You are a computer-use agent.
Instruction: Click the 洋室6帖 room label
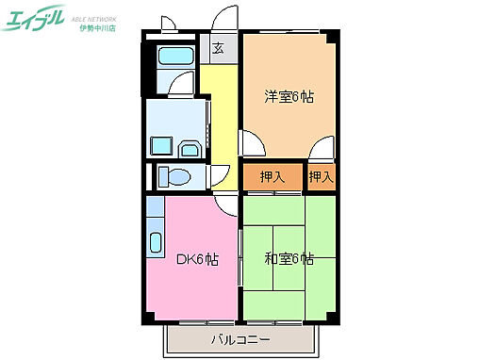pos(288,96)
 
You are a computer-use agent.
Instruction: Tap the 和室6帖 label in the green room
pos(288,260)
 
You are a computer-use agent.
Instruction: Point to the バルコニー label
pos(239,339)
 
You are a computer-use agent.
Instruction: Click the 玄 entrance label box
pos(218,48)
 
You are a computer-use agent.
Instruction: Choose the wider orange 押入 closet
pos(272,176)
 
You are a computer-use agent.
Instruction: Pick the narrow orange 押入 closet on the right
pos(321,176)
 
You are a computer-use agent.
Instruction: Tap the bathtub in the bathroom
pos(173,56)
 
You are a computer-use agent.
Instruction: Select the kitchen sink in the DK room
pos(156,233)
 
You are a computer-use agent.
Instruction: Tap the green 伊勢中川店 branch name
pos(97,28)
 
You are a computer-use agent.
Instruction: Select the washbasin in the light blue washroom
pos(190,149)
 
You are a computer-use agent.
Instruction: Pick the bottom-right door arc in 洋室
pos(322,149)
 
